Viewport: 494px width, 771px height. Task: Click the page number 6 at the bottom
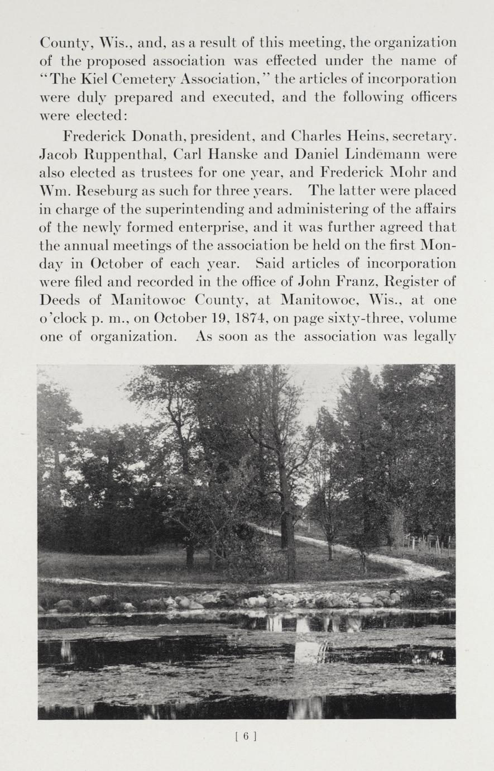click(x=246, y=736)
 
